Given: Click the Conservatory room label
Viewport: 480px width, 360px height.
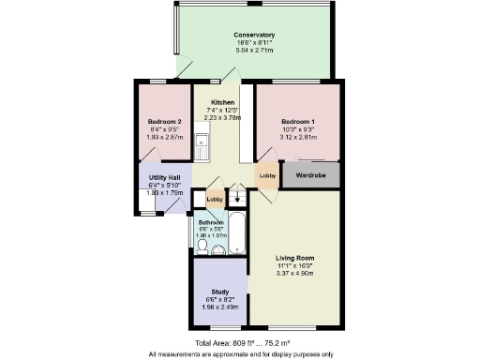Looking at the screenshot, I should coord(255,35).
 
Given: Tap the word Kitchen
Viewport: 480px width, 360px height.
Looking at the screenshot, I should coord(222,102).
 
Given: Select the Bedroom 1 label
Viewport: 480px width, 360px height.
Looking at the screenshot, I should coord(298,122).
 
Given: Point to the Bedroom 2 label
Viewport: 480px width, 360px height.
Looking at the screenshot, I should coord(164,122).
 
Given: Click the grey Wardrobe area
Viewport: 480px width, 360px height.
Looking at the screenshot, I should coord(310,174).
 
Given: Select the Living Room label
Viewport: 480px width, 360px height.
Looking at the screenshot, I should coord(293,258).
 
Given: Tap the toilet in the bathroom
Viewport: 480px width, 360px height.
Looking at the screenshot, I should coord(202,247).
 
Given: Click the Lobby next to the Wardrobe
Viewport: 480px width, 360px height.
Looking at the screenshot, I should coord(267,175).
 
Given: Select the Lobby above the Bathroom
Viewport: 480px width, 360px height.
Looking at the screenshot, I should coord(214,199).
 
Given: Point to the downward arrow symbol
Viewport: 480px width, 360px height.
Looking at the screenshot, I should coord(235,197).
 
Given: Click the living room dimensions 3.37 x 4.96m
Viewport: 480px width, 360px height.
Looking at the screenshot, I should coord(293,274).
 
